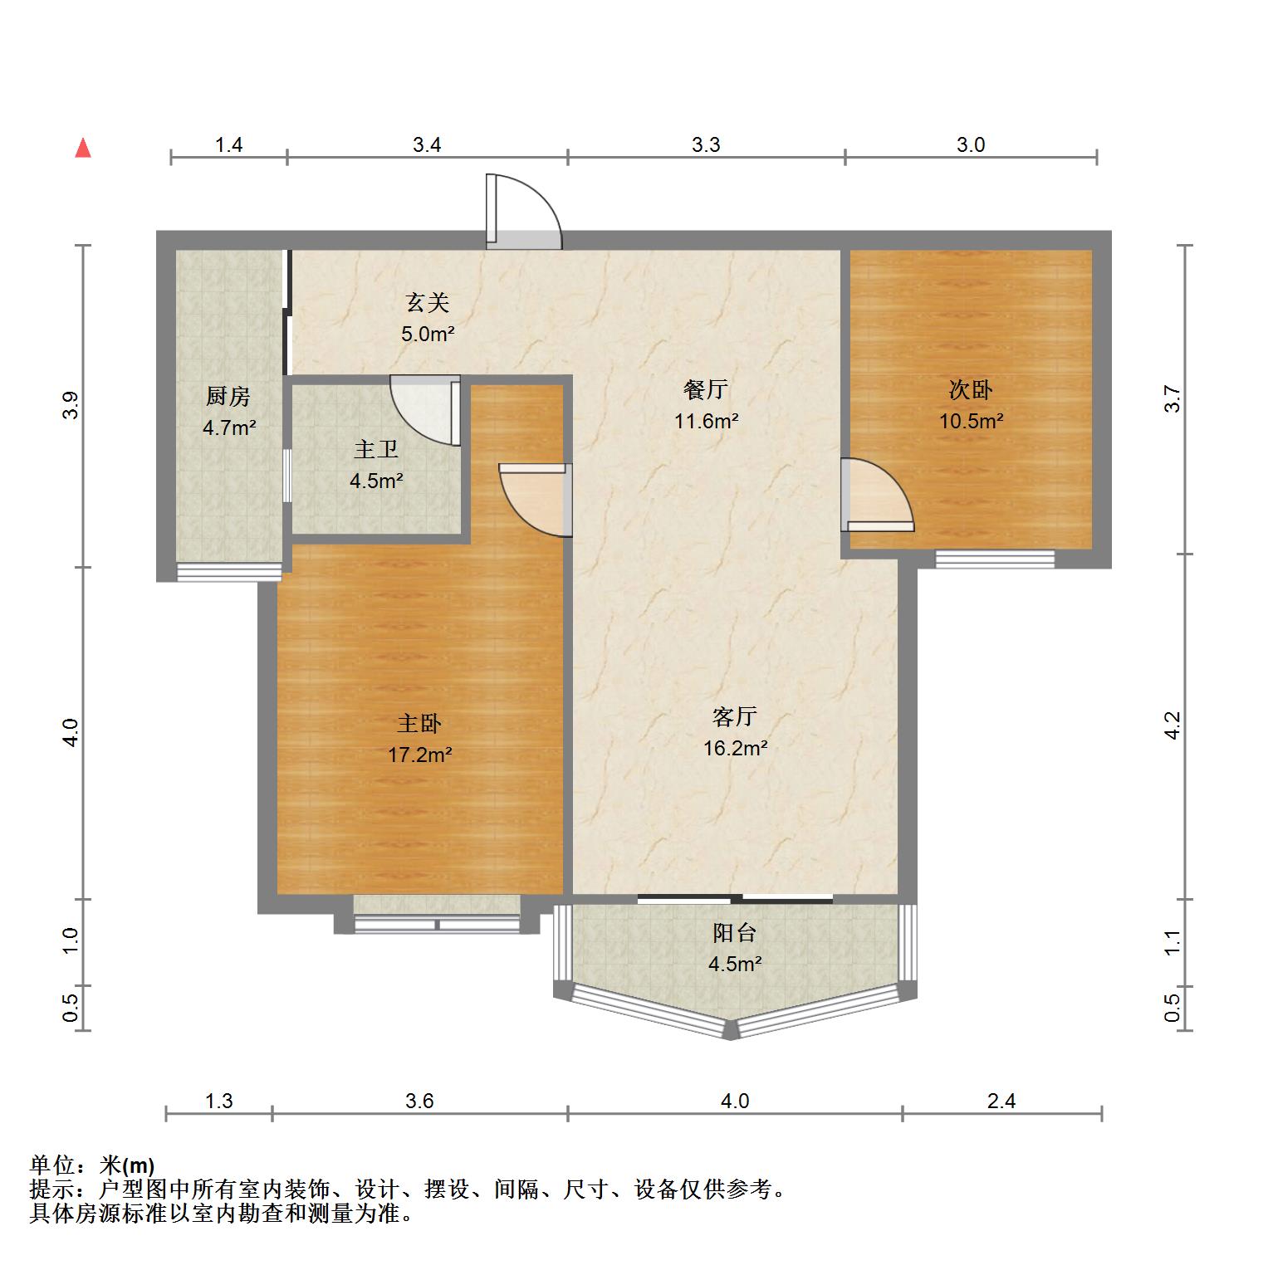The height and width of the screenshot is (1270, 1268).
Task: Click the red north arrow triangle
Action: [x=82, y=148]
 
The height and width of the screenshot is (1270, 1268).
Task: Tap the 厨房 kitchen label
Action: [x=228, y=397]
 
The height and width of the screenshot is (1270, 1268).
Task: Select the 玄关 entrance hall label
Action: [x=428, y=303]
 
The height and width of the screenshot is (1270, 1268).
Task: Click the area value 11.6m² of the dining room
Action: [x=707, y=420]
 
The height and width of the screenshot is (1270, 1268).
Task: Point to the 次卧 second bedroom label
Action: [x=971, y=389]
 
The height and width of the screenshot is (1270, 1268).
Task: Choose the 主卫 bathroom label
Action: [x=376, y=449]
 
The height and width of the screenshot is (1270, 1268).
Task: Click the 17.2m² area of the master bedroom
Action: [x=420, y=755]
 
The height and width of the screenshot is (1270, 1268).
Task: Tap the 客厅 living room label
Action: [x=735, y=716]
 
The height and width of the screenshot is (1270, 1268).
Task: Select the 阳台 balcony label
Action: [x=735, y=932]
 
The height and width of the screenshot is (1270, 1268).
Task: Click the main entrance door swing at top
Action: [x=524, y=212]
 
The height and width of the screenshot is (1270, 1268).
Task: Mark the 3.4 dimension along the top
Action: [x=427, y=145]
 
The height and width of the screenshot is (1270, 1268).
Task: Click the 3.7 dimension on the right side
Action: [x=1172, y=400]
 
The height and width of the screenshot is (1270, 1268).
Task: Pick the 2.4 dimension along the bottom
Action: [x=1002, y=1101]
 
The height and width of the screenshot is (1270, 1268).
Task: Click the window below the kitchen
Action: [x=229, y=572]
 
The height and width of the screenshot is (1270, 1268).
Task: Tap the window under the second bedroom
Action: [x=995, y=559]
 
